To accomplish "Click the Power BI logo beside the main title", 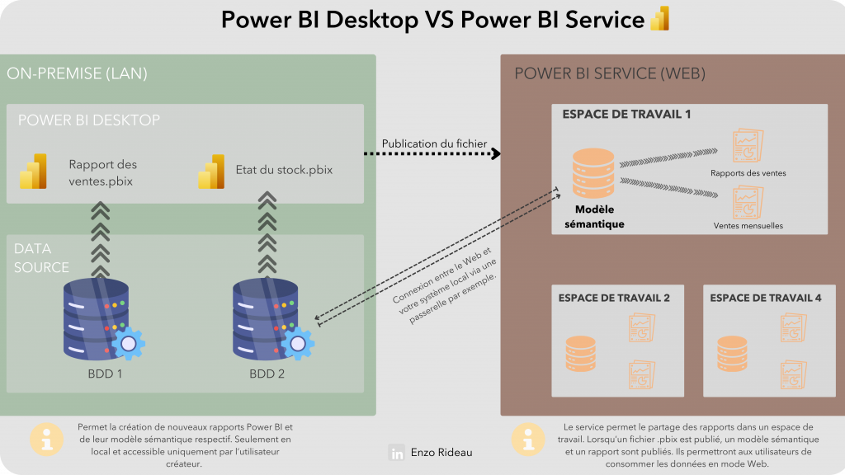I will pos(659,18).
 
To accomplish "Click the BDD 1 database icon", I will pos(97,318).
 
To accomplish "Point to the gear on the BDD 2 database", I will pos(297,343).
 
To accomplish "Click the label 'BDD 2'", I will pos(267,374).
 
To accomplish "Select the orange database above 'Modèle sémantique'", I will pos(593,172).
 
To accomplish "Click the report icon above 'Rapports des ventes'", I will pos(748,147).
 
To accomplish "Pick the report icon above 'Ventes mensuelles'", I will pos(748,201).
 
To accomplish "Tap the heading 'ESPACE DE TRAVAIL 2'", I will pos(614,298).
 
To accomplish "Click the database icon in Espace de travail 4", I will pos(731,353).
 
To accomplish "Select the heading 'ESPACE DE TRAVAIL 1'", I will pos(626,114).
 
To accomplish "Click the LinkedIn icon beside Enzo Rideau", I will pos(398,453).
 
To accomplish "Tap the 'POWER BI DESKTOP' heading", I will pos(89,120).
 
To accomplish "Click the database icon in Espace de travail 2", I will pos(579,353).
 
